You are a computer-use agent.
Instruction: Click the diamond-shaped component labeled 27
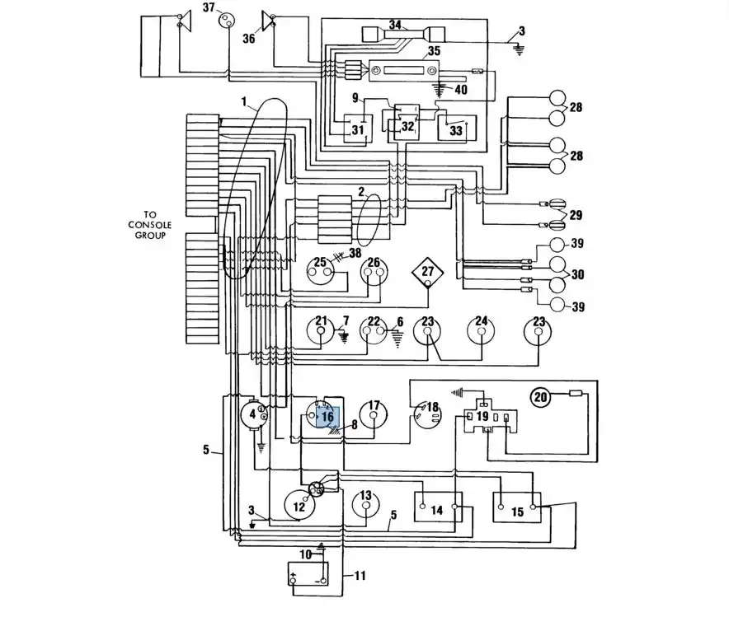click(x=427, y=272)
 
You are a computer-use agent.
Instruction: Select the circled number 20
click(x=541, y=397)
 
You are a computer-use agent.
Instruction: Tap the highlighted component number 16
click(x=327, y=417)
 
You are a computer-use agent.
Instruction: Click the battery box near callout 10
click(x=308, y=574)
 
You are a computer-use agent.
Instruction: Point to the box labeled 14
click(x=438, y=507)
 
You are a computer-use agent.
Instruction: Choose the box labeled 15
click(x=516, y=507)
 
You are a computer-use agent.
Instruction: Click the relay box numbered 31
click(x=358, y=129)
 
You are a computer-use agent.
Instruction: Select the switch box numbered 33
click(x=457, y=127)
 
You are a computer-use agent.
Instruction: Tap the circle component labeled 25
click(x=320, y=270)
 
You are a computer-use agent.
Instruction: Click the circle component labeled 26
click(x=374, y=271)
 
